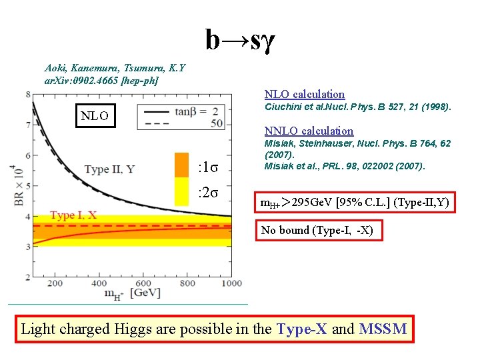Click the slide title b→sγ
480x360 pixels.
(x=240, y=41)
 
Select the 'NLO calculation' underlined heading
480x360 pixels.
(x=305, y=94)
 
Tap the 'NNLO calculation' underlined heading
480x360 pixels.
(x=309, y=131)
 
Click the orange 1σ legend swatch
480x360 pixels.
(x=181, y=165)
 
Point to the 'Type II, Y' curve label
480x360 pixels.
(x=110, y=169)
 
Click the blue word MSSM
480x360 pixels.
(x=382, y=329)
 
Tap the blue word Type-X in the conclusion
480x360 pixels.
(x=301, y=329)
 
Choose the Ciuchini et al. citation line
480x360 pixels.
(x=358, y=107)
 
